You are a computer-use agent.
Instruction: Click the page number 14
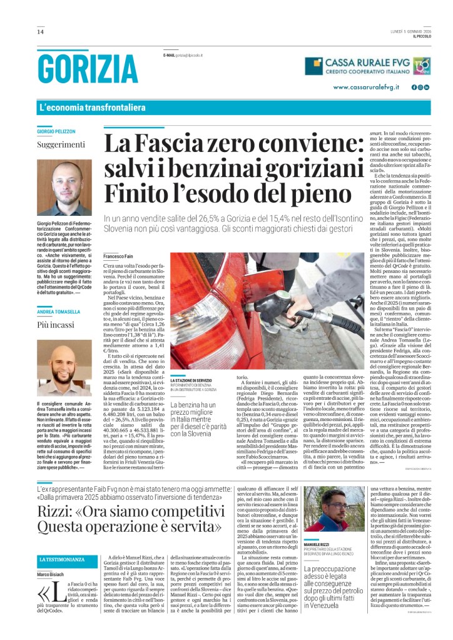click(40, 32)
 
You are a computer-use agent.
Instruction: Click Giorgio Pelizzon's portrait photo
click(63, 188)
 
